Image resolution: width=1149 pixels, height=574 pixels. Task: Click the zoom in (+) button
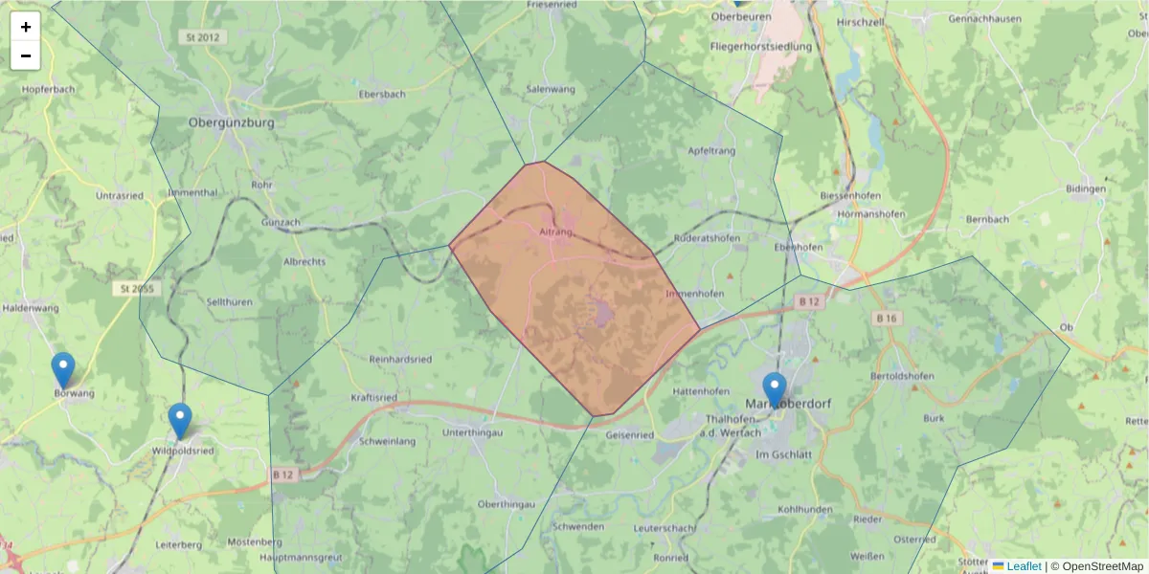click(26, 27)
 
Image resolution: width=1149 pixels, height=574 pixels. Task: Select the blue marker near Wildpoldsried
click(180, 420)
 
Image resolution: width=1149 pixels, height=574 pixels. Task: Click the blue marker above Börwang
click(63, 369)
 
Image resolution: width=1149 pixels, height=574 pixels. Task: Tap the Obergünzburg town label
click(232, 123)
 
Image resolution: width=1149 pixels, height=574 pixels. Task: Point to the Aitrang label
click(556, 232)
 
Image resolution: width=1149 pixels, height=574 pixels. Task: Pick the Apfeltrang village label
click(712, 151)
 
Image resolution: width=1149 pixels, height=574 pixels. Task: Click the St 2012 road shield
click(198, 36)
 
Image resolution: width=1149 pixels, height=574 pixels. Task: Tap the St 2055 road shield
click(136, 288)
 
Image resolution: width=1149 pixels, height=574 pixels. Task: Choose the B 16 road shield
click(887, 318)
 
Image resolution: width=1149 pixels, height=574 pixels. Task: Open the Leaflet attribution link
click(1023, 566)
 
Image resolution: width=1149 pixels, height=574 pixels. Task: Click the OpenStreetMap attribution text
click(1102, 566)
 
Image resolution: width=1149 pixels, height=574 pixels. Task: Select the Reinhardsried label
click(400, 360)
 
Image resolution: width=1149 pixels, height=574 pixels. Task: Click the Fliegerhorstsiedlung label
click(761, 46)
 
